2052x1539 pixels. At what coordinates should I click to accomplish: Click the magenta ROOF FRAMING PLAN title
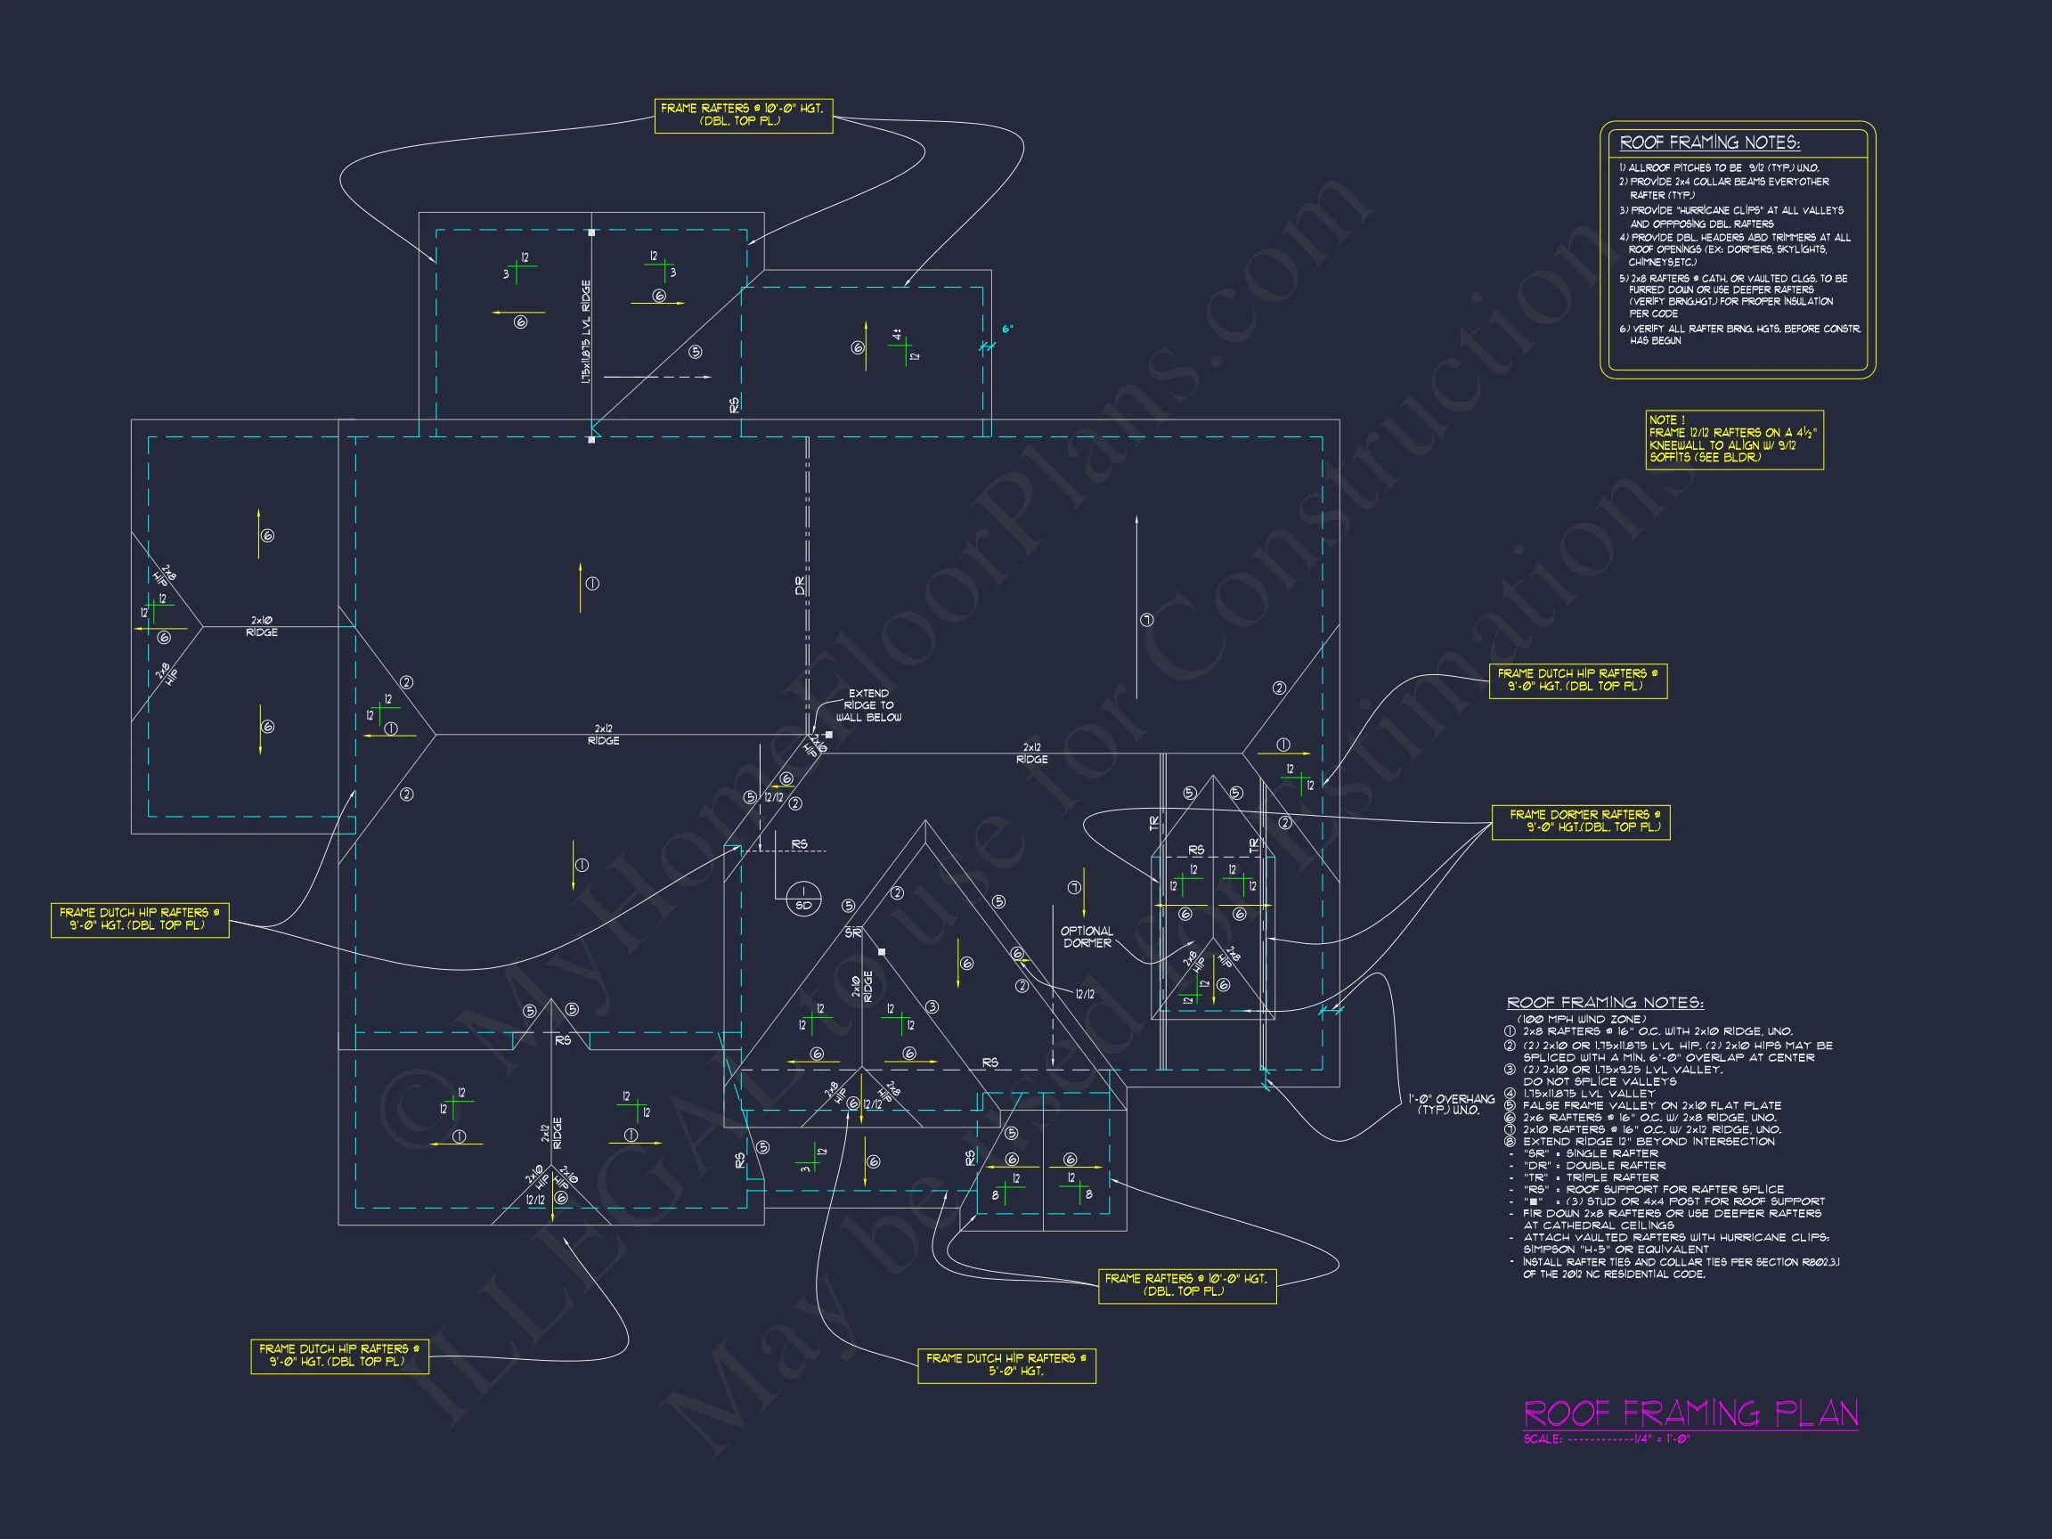tap(1690, 1413)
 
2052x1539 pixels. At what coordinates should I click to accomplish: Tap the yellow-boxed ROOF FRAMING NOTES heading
tap(1709, 142)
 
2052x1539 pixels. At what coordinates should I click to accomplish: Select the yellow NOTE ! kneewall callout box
tap(1734, 439)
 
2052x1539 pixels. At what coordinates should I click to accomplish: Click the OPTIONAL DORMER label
tap(1087, 937)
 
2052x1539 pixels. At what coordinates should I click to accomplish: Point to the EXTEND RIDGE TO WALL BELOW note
tap(868, 705)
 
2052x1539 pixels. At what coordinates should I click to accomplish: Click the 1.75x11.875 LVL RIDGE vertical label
tap(586, 332)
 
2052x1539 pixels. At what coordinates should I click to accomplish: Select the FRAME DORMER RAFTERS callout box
tap(1580, 821)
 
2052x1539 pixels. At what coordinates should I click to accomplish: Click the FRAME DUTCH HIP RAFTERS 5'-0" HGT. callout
tap(1006, 1364)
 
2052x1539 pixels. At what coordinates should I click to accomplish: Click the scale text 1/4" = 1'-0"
tap(1661, 1439)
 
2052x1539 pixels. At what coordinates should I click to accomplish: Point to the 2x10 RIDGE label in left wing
tap(262, 626)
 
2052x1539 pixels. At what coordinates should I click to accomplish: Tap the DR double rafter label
tap(801, 586)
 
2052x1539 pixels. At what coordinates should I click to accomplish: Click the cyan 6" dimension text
tap(1007, 329)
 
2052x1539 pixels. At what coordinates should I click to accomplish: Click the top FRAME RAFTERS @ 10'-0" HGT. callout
tap(743, 115)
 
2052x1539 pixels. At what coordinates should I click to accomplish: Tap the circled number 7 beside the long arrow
tap(1146, 620)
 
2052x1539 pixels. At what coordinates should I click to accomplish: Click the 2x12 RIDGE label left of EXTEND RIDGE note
tap(603, 735)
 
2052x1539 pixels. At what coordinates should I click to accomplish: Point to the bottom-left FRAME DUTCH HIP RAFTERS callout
tap(338, 1356)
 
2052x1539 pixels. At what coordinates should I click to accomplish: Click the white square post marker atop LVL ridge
tap(592, 232)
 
